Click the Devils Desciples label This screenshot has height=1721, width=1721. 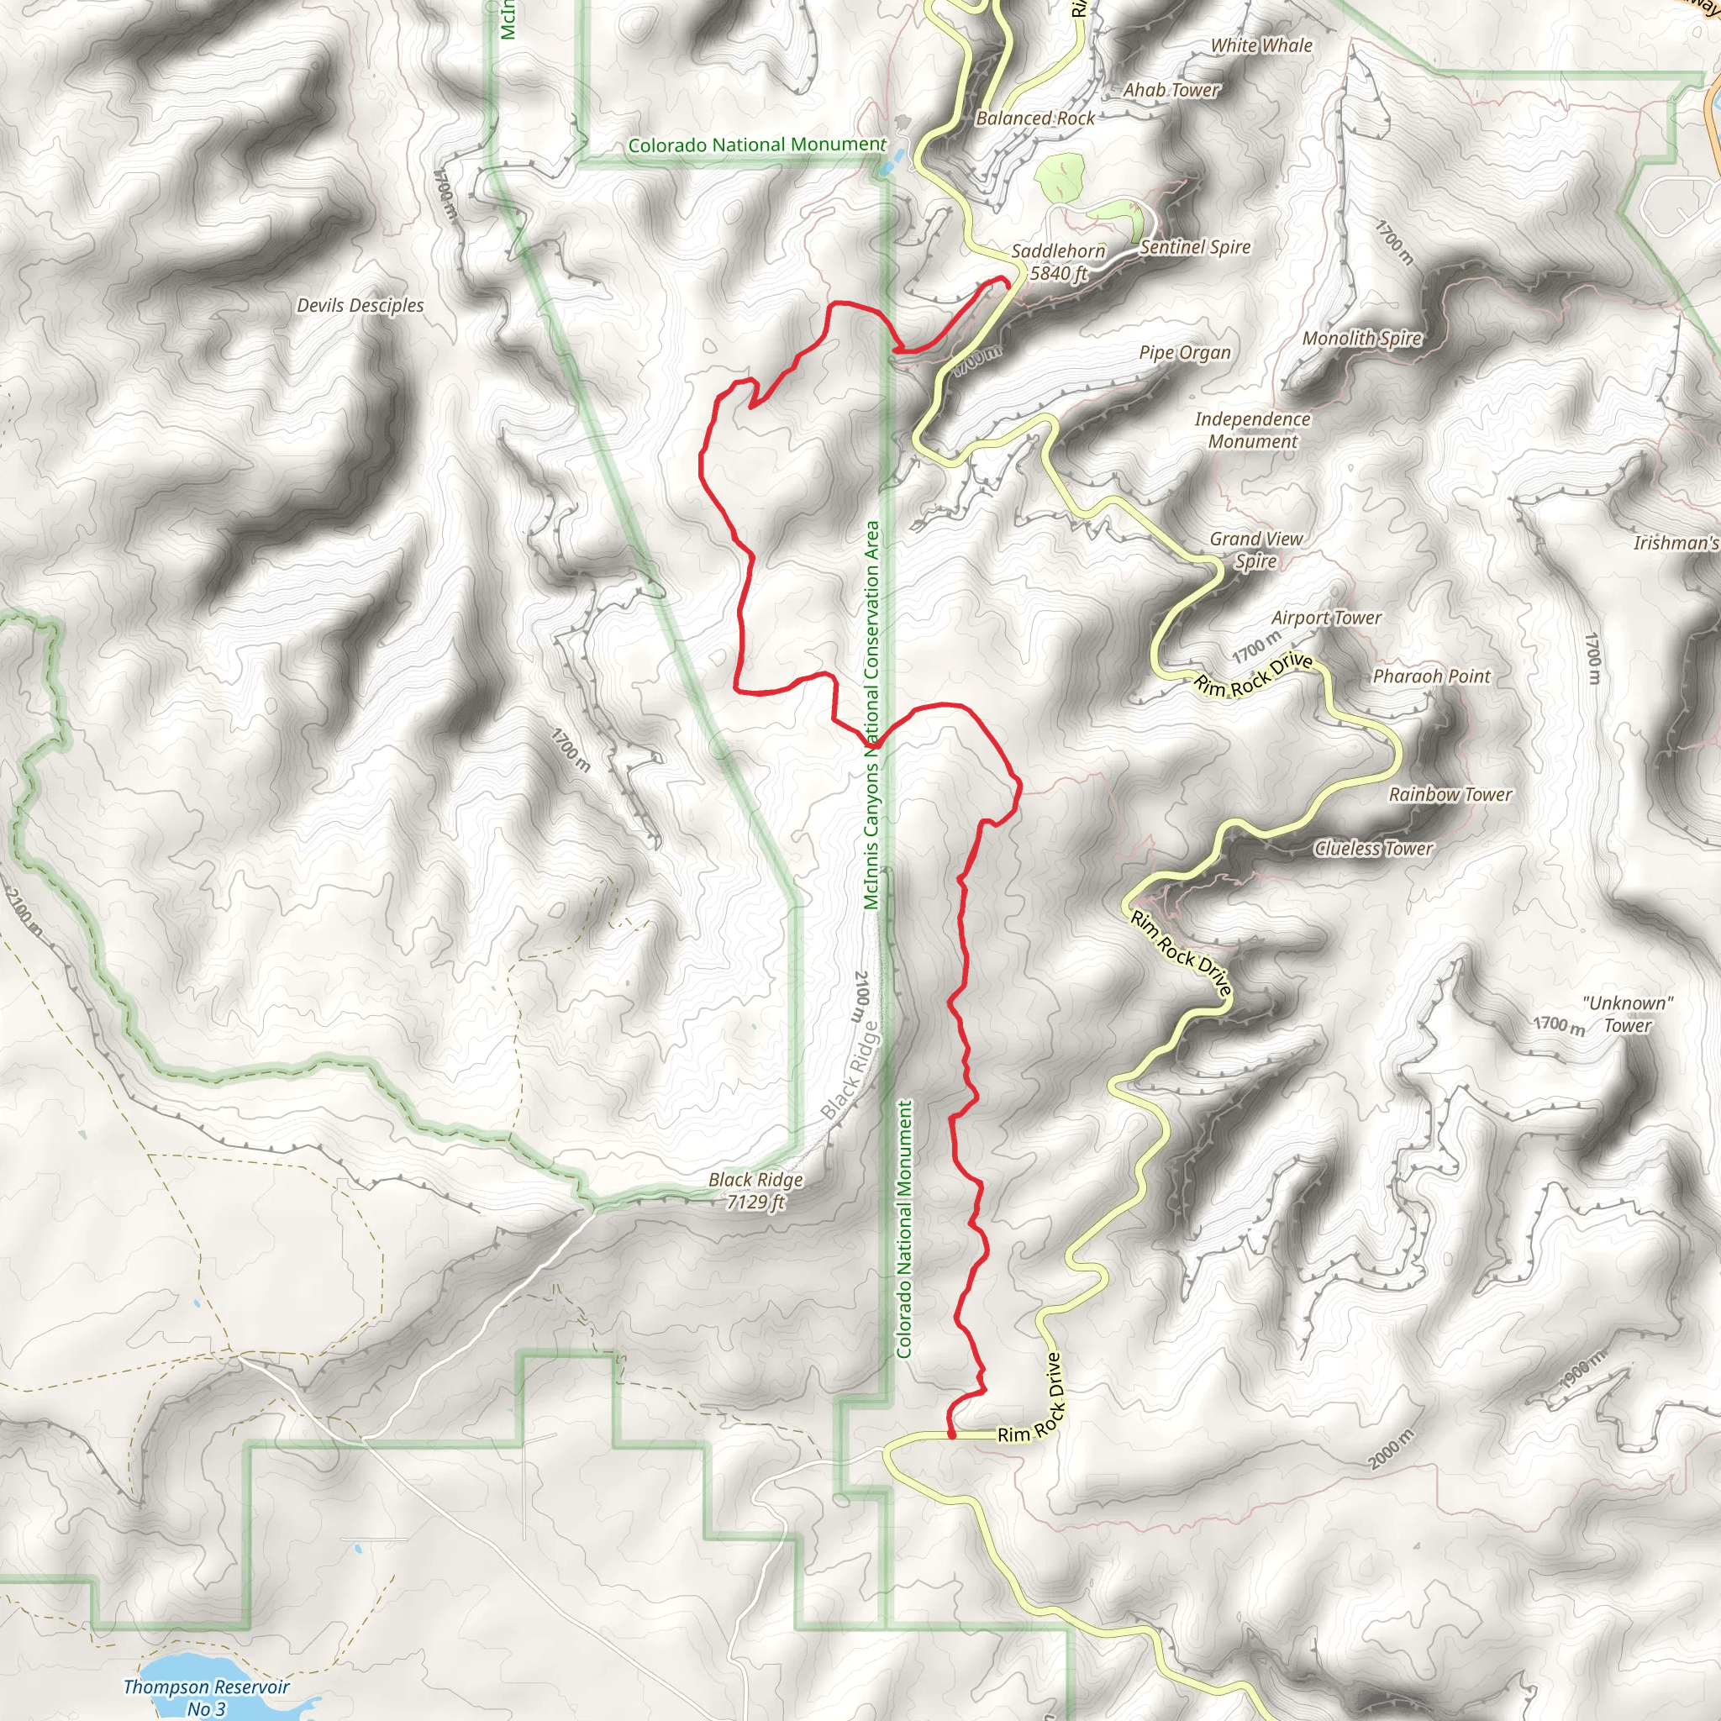coord(360,306)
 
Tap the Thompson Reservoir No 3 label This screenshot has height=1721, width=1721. coord(206,1697)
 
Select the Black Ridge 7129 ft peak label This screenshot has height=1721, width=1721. coord(755,1191)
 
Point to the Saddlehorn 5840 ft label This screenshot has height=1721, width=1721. coord(1058,263)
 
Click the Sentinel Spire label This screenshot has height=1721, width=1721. coord(1195,248)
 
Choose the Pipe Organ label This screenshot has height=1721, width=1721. coord(1185,353)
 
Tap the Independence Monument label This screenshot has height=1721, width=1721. coord(1251,430)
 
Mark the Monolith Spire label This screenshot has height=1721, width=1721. coord(1361,339)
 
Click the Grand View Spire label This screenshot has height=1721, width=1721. coord(1256,550)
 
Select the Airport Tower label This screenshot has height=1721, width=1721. coord(1325,618)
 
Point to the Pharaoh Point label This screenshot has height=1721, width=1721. coord(1430,677)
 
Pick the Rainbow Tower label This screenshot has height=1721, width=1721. coord(1450,795)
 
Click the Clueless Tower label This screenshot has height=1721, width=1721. coord(1374,849)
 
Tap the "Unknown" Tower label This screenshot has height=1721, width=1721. coord(1628,1013)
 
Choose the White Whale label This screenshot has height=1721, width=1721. coord(1261,45)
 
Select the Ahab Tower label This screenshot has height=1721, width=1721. coord(1171,90)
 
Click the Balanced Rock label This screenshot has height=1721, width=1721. coord(1035,118)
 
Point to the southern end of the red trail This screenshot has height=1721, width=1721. coord(951,1435)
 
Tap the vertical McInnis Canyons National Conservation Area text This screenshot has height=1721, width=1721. coord(871,715)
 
